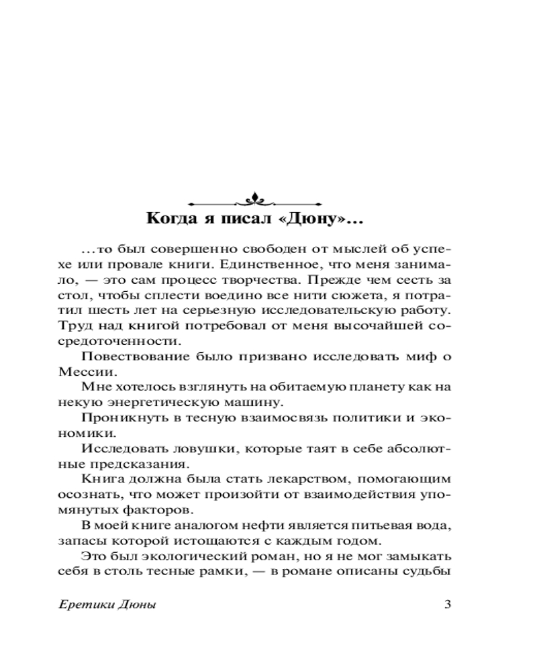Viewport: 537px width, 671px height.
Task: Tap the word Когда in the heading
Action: point(168,219)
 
